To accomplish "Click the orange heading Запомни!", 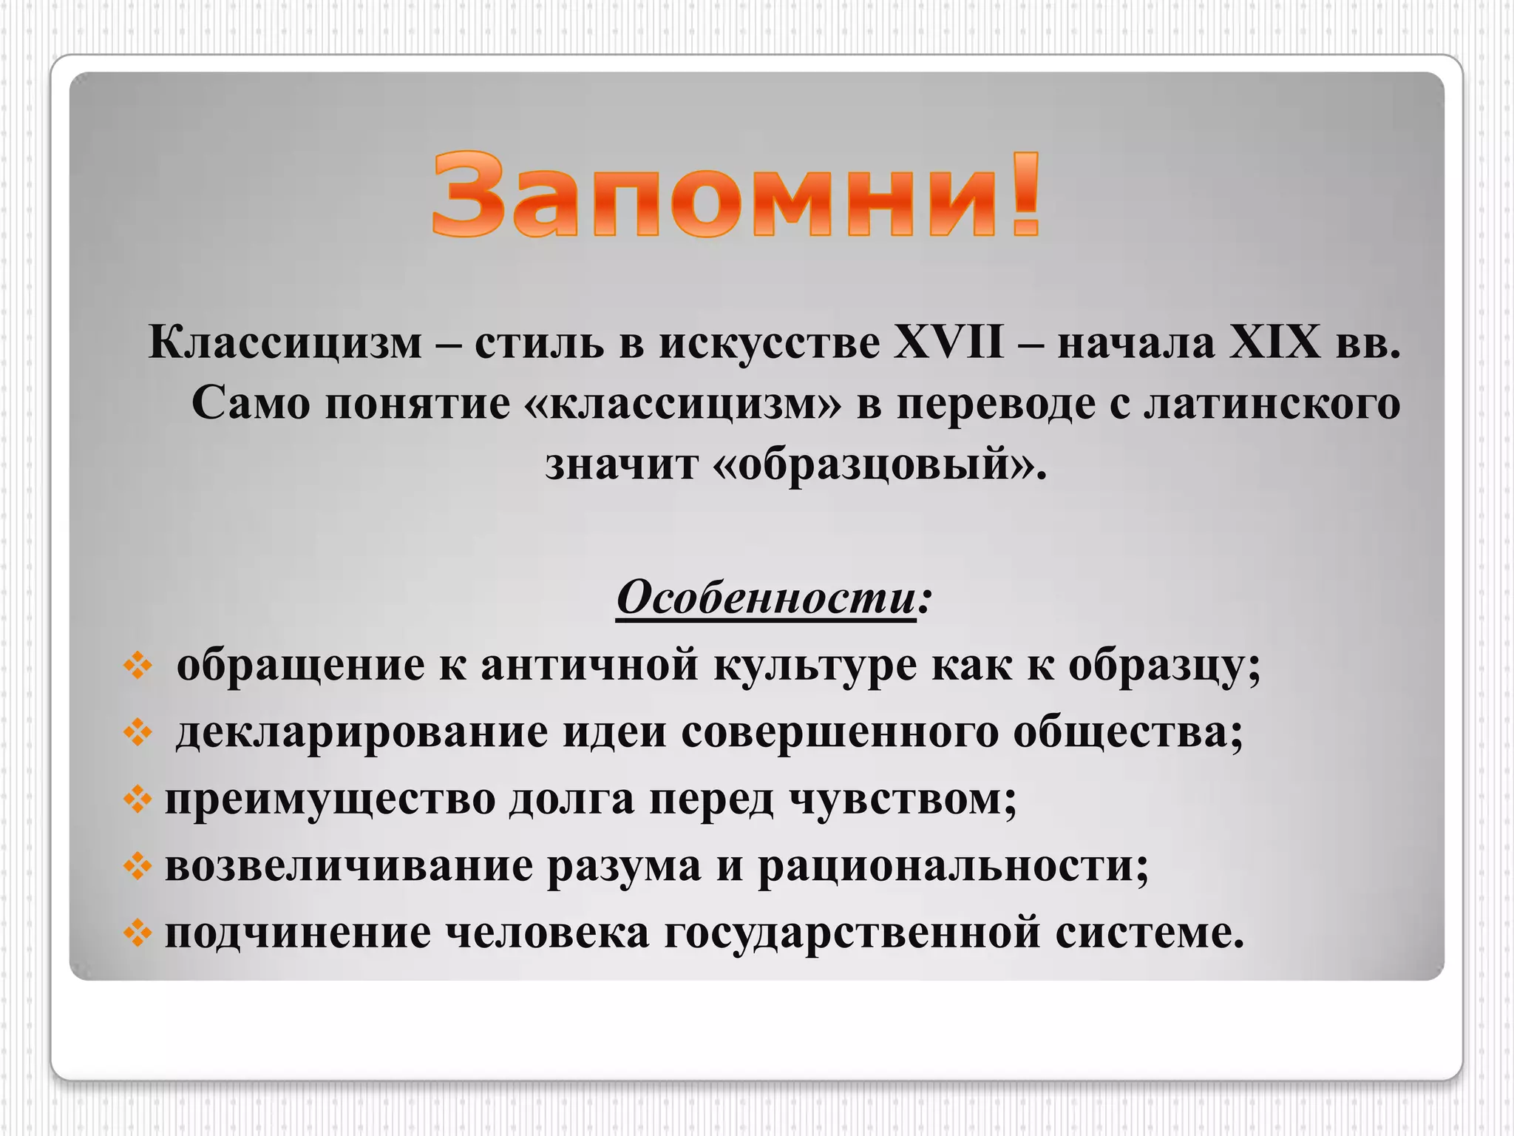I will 736,195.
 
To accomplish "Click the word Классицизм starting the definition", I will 285,343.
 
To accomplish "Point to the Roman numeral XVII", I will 948,343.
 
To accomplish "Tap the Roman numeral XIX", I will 1274,343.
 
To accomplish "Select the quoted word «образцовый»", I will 880,464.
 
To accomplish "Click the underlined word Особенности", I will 766,597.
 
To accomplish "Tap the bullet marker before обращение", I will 138,666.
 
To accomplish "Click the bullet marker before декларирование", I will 138,733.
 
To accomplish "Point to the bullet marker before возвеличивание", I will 138,866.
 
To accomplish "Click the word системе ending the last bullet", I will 1149,932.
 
